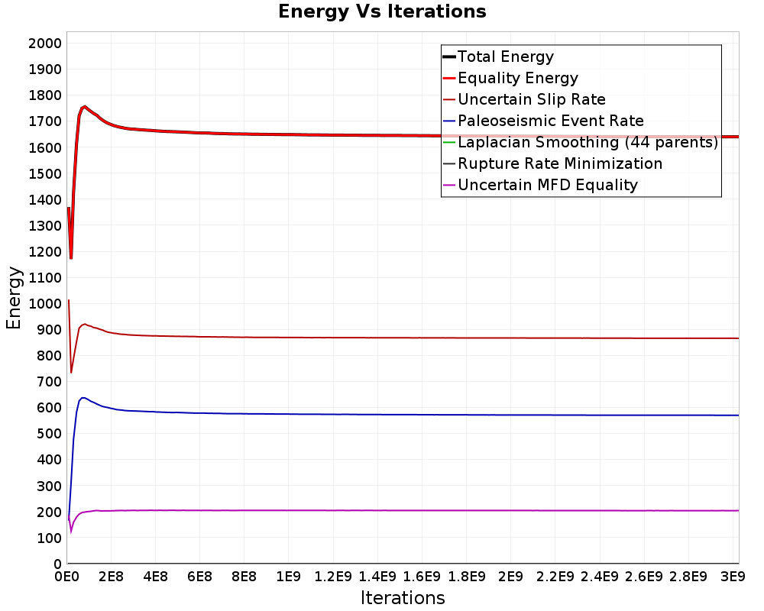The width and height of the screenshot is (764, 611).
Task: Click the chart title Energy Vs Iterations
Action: coord(382,11)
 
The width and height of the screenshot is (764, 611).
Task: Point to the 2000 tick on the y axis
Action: coord(45,44)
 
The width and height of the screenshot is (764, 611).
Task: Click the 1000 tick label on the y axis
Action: coord(45,303)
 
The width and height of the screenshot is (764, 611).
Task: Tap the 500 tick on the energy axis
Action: coord(49,434)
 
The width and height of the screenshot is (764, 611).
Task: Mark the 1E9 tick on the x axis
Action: coord(289,577)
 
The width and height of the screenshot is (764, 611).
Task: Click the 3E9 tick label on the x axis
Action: coord(733,577)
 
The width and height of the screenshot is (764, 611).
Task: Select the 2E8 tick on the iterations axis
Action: coord(111,577)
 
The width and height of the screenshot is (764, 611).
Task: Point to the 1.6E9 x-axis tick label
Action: coord(422,577)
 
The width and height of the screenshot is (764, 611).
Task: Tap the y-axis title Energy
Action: coord(14,298)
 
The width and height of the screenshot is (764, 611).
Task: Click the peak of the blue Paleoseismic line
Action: coord(83,398)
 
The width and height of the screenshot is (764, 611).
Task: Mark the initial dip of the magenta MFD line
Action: coord(71,532)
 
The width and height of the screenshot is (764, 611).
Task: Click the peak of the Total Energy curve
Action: coord(85,106)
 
